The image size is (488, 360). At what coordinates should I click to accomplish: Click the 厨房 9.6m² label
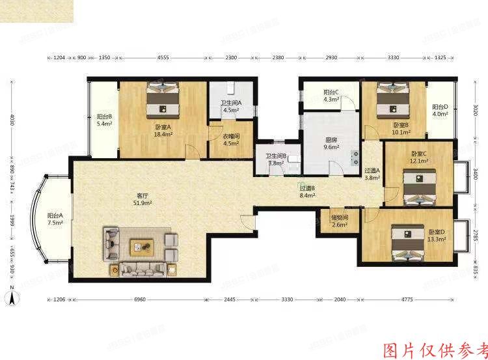click(x=332, y=143)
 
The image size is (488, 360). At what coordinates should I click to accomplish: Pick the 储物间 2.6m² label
click(x=340, y=221)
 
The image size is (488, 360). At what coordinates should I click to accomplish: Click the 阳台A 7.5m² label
click(x=55, y=219)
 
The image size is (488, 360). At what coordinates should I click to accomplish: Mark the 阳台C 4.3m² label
click(x=332, y=96)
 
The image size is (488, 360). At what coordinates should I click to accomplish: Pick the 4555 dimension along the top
click(x=163, y=58)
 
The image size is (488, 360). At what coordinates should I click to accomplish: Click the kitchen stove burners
click(x=355, y=157)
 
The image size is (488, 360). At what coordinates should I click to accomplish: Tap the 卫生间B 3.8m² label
click(x=275, y=160)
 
